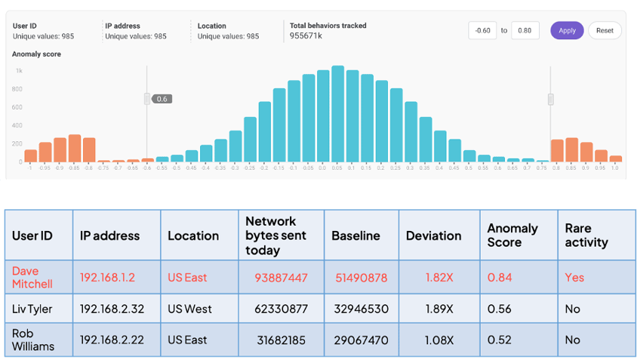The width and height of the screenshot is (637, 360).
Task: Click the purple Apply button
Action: tap(567, 30)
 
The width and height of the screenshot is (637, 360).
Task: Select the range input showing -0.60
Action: tap(482, 31)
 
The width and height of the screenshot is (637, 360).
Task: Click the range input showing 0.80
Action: tap(525, 31)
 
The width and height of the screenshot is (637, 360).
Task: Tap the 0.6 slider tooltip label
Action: tap(162, 99)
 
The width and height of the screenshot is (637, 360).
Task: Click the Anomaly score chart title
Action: tap(36, 54)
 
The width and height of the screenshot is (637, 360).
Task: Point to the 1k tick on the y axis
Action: tap(18, 71)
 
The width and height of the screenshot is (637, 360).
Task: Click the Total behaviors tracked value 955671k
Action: tap(306, 35)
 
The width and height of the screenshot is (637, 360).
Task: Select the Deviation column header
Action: tap(433, 235)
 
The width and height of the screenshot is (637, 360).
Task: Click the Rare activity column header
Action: tap(586, 235)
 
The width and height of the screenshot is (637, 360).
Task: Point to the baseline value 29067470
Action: tap(359, 340)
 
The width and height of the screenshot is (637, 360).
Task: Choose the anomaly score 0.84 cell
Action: tap(500, 278)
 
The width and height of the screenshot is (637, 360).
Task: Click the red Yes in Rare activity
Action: tap(574, 278)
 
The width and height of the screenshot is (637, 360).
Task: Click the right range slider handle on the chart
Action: tap(551, 99)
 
